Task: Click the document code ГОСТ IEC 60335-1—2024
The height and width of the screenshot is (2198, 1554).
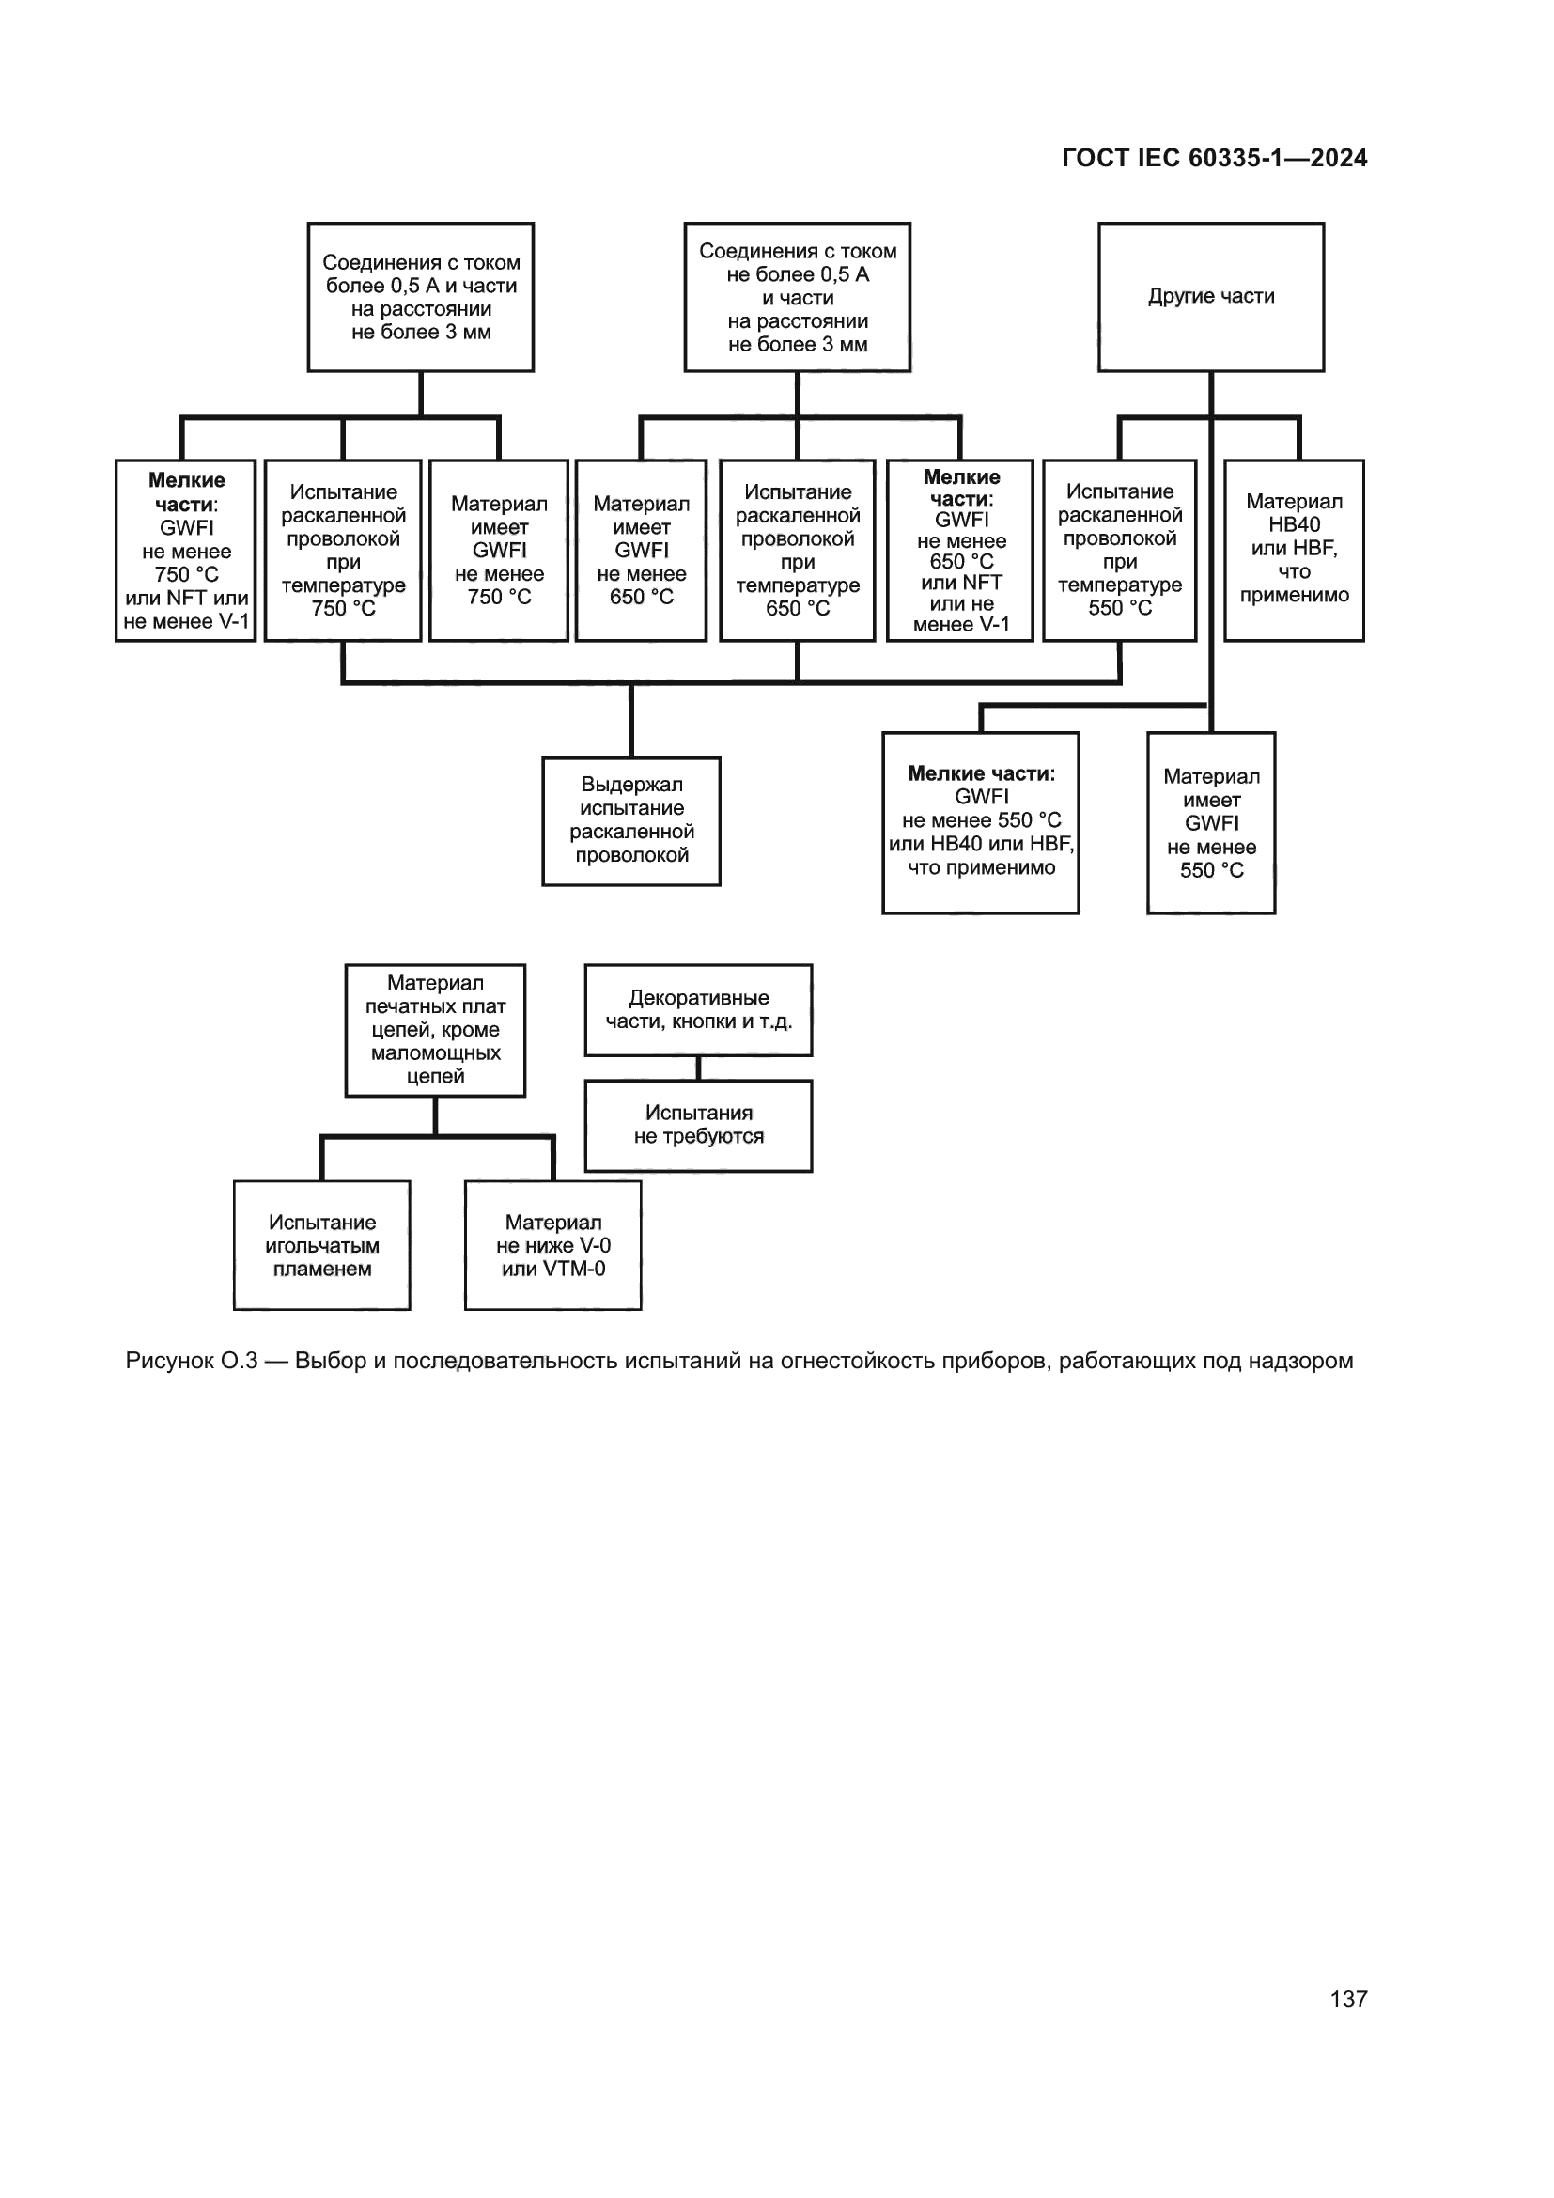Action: click(1213, 158)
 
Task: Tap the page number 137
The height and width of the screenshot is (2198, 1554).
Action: click(1348, 1999)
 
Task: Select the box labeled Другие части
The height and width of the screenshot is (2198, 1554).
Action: click(1210, 297)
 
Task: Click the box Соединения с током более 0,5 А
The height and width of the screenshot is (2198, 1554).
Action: click(420, 297)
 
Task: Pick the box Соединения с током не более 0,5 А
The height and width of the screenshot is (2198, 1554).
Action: click(797, 297)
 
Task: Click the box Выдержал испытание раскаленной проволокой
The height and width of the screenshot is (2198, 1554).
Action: click(630, 820)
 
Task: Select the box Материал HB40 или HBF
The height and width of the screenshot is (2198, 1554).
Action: click(1294, 550)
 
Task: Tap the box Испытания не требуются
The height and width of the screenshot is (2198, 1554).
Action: click(697, 1125)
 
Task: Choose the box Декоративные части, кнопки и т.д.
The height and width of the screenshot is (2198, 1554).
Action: click(697, 1009)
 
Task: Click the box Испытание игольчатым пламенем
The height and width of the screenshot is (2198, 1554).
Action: click(321, 1244)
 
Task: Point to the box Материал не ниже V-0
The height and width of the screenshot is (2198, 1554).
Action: click(552, 1244)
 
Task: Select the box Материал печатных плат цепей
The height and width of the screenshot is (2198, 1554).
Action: click(434, 1029)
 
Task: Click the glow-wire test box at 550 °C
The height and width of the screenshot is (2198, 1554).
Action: click(1119, 550)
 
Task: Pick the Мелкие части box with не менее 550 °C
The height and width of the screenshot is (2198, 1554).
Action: click(980, 821)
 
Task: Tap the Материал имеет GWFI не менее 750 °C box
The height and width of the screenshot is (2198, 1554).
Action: click(499, 550)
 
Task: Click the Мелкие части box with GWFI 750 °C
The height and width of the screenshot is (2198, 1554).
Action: click(186, 550)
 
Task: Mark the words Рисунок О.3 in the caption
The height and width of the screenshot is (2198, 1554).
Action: click(192, 1361)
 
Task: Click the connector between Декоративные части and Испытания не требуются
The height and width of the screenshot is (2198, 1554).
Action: click(697, 1068)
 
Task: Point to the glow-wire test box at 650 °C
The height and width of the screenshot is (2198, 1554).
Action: click(797, 550)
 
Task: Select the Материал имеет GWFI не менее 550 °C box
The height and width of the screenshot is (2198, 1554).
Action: click(1210, 821)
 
